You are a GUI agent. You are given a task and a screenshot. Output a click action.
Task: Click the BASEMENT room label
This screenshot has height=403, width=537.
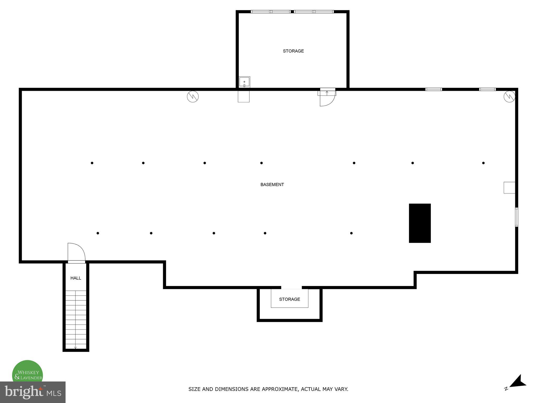point(272,184)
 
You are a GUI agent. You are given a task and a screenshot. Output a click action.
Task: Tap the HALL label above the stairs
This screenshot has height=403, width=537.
point(76,278)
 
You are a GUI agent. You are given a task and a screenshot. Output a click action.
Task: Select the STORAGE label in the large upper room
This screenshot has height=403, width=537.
point(293,51)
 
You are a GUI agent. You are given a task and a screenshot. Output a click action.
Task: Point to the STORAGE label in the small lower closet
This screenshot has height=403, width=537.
point(289,299)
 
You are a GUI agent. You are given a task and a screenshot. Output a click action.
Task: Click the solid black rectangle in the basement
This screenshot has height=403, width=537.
point(420,223)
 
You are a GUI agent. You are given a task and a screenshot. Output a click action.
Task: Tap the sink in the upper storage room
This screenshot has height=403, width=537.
point(244,82)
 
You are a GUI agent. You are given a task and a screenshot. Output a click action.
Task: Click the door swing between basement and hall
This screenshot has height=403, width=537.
point(76,252)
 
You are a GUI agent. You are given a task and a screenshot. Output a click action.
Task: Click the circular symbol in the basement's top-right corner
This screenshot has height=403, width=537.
point(509,97)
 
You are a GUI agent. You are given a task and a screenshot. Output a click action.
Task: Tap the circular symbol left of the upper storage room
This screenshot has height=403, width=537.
point(193,97)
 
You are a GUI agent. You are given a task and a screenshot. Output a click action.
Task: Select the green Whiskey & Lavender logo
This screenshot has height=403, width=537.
point(28,373)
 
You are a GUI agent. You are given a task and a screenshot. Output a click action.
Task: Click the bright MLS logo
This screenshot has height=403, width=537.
point(33,392)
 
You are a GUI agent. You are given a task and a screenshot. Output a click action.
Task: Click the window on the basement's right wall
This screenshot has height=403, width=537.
point(517,217)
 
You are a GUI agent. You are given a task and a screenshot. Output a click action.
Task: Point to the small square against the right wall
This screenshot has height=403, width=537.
point(509,188)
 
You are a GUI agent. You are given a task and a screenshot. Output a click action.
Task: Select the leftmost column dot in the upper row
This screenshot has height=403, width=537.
point(92,163)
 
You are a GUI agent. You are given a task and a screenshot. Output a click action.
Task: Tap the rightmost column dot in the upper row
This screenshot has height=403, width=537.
point(483,163)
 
